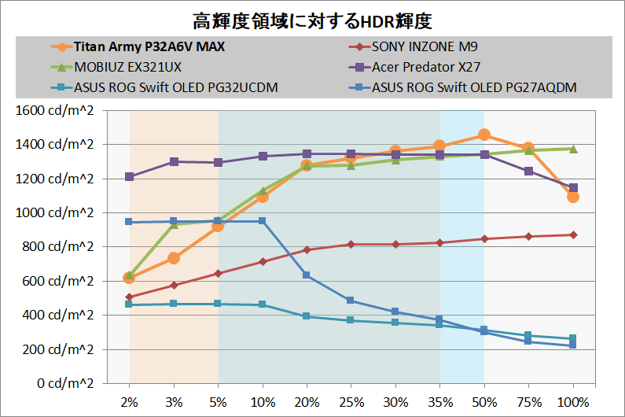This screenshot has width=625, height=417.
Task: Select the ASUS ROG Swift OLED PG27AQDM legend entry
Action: pyautogui.click(x=475, y=87)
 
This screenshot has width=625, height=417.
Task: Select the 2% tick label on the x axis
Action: pyautogui.click(x=130, y=402)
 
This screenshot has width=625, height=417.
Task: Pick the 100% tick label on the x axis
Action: pyautogui.click(x=573, y=402)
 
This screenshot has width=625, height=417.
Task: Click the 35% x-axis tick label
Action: pyautogui.click(x=439, y=402)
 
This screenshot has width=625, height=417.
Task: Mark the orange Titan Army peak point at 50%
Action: pyautogui.click(x=484, y=135)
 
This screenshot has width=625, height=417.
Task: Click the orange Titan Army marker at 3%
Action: pyautogui.click(x=174, y=258)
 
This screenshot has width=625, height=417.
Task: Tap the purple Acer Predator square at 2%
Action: pyautogui.click(x=130, y=177)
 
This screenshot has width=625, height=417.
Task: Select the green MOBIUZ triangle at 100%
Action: pyautogui.click(x=573, y=149)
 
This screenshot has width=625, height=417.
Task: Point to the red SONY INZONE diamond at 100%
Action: pyautogui.click(x=573, y=234)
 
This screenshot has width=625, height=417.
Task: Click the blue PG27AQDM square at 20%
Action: pyautogui.click(x=307, y=275)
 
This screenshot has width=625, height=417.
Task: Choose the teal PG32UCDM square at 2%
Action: pyautogui.click(x=130, y=304)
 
